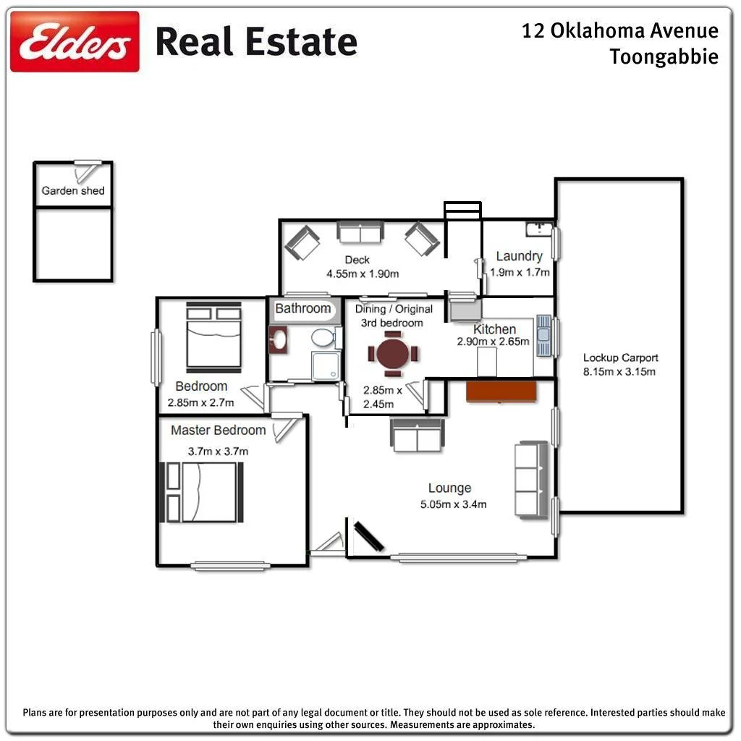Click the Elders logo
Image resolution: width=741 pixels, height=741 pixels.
[75, 41]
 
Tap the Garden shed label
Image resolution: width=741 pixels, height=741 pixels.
[73, 191]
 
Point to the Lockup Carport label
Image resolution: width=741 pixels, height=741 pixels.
[620, 357]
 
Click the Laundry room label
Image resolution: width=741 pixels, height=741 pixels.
[519, 255]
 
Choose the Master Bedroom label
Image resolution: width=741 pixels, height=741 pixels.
[218, 430]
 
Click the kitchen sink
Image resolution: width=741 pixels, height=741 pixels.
[543, 336]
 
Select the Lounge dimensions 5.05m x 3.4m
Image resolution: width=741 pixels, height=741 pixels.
[453, 504]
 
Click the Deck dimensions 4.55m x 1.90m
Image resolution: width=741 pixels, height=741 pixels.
[363, 274]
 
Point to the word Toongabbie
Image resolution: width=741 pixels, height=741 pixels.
[664, 56]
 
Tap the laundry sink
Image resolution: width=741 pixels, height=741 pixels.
[538, 229]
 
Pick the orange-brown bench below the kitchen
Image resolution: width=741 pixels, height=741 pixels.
[501, 391]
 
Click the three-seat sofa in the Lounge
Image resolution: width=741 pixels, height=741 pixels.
[530, 478]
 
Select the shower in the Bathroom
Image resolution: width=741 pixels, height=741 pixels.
[324, 365]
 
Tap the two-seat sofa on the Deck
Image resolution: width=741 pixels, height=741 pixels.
[360, 233]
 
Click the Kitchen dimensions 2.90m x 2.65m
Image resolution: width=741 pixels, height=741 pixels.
[493, 342]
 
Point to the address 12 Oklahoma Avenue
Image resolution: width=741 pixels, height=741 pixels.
[620, 30]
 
